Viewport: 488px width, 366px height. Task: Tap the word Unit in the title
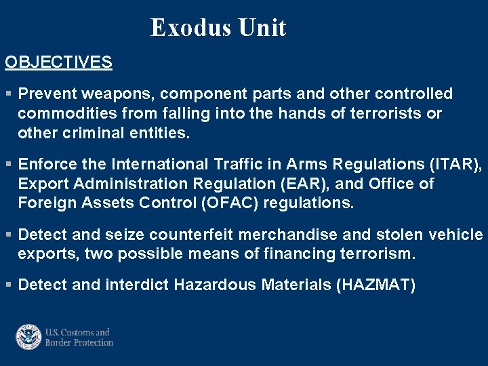click(262, 28)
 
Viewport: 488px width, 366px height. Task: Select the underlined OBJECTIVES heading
click(58, 62)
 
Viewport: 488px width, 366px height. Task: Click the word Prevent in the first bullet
click(46, 94)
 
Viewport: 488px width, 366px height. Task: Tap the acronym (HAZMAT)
click(375, 285)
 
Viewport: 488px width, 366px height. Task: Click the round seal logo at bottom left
click(28, 337)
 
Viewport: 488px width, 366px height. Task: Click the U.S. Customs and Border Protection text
click(79, 338)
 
